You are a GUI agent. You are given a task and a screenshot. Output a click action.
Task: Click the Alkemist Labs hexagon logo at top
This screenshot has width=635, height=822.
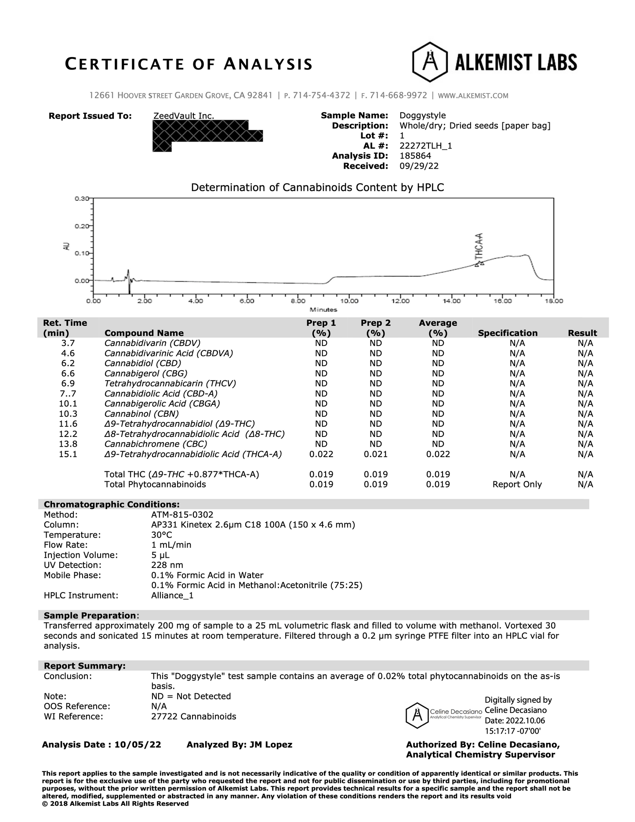[x=429, y=62]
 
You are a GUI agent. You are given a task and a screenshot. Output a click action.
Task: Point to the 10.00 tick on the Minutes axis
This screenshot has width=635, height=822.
[x=349, y=301]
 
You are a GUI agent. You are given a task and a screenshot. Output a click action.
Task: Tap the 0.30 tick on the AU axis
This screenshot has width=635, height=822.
[x=81, y=199]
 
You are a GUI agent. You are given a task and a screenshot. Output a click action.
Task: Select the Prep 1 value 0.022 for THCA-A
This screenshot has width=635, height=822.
[x=321, y=454]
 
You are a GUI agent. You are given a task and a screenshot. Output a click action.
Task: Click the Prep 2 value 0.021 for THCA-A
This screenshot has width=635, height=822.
[x=376, y=454]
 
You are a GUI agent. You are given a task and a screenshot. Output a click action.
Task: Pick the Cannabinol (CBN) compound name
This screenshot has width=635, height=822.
[x=142, y=414]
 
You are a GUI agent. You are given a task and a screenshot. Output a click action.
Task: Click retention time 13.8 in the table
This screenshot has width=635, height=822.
[x=68, y=444]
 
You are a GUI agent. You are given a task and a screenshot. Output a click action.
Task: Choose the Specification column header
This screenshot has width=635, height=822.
[x=508, y=333]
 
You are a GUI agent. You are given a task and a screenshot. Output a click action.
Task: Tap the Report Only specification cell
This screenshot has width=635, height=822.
[x=517, y=484]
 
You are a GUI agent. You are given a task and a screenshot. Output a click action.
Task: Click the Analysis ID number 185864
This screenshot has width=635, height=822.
[x=415, y=156]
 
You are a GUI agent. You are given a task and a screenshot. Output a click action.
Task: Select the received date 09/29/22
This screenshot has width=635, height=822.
[x=419, y=166]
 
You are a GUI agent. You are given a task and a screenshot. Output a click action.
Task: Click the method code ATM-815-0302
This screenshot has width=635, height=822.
[x=182, y=514]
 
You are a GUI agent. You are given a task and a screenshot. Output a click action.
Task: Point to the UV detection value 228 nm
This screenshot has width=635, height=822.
[x=167, y=565]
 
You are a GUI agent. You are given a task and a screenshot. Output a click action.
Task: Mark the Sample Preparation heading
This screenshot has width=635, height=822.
[x=90, y=615]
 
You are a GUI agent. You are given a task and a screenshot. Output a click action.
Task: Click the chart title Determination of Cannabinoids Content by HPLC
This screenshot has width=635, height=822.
[x=317, y=188]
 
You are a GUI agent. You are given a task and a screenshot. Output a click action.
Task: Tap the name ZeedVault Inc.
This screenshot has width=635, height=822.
[x=183, y=116]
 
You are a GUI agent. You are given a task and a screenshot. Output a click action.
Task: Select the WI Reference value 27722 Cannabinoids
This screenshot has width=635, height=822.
[x=193, y=717]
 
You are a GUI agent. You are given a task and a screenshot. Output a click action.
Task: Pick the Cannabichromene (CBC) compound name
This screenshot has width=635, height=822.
[x=156, y=444]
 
